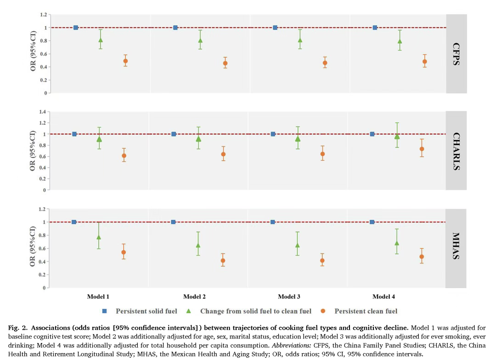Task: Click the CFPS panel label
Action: (456, 54)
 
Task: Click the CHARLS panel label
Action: (456, 151)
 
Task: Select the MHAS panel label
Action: (456, 246)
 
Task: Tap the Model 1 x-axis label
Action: (98, 297)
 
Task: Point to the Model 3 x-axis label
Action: (289, 297)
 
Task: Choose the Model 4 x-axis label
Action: (384, 297)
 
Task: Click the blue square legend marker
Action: (105, 311)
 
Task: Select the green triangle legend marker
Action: (188, 311)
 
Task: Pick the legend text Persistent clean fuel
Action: (366, 311)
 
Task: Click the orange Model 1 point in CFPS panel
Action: (125, 61)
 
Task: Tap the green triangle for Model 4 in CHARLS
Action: (397, 136)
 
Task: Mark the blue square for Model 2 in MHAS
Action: (173, 222)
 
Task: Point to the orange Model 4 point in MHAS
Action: (422, 257)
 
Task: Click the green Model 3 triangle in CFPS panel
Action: (300, 40)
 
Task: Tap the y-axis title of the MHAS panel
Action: (33, 246)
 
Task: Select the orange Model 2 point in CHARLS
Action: (223, 154)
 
